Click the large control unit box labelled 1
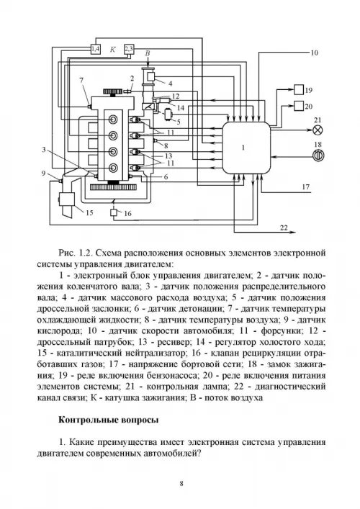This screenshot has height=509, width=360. [246, 148]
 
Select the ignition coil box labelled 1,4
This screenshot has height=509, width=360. [96, 50]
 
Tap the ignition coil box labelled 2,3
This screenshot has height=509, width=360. [129, 50]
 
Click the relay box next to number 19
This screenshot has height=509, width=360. [299, 89]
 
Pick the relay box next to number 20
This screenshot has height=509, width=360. [299, 106]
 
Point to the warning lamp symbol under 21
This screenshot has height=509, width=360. [318, 130]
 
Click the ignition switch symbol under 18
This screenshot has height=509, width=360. [318, 156]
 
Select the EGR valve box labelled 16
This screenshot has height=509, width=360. [114, 213]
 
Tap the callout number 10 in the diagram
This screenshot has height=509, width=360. [314, 53]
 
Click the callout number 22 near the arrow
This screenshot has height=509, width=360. [284, 228]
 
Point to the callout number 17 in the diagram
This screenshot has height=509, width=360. [306, 187]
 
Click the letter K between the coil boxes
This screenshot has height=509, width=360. [113, 50]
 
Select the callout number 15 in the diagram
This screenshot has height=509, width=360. [89, 212]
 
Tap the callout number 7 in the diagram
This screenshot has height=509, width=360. [82, 80]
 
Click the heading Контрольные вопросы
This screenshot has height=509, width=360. [109, 420]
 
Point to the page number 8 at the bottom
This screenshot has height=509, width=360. [181, 483]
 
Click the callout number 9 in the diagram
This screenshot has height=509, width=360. [43, 174]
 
